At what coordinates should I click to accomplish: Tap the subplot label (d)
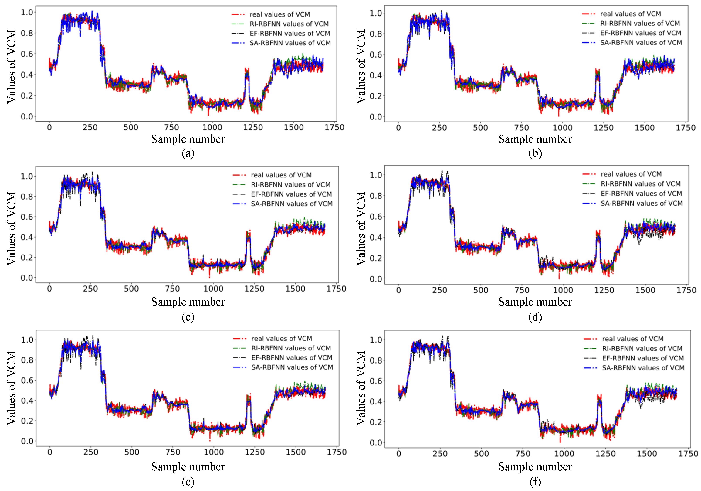(535, 317)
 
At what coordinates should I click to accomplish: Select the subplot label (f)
(535, 482)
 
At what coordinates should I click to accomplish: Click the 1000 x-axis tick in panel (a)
(212, 127)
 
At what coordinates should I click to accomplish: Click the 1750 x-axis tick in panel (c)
(336, 289)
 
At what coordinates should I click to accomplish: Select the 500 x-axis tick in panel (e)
(132, 452)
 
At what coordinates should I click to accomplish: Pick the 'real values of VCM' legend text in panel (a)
(280, 14)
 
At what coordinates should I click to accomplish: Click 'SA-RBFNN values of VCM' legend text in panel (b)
(641, 42)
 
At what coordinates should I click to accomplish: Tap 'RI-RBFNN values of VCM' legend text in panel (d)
(640, 184)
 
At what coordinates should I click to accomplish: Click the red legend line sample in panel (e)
(239, 338)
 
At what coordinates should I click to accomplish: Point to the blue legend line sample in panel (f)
(590, 368)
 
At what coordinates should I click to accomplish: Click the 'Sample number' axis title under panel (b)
(535, 139)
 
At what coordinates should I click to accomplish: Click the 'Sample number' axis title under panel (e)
(188, 467)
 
